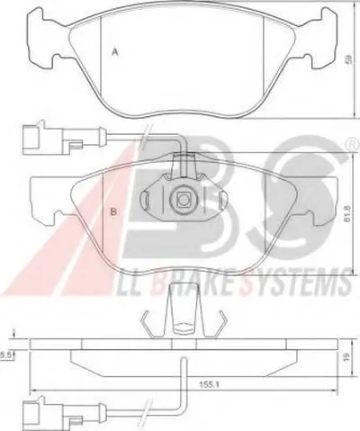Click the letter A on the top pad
click(114, 52)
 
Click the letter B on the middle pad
click(113, 211)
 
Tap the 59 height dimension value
click(348, 58)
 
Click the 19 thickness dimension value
click(347, 356)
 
